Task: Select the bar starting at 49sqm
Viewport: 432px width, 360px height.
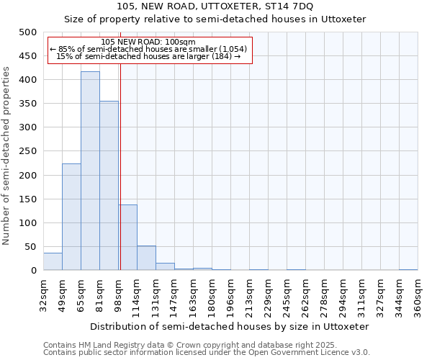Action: click(71, 217)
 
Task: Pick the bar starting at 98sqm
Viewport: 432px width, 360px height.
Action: click(127, 238)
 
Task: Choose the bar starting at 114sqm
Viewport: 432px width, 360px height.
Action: click(146, 258)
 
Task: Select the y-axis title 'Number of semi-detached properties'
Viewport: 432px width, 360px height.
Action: click(6, 156)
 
